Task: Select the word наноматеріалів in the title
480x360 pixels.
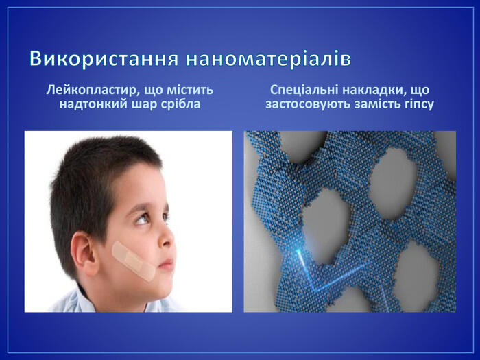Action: point(269,58)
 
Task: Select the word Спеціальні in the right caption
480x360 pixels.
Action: point(304,91)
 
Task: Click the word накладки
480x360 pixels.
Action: point(374,90)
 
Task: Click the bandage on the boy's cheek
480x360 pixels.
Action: point(134,261)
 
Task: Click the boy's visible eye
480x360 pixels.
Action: point(143,219)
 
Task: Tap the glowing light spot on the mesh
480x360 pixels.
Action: point(298,252)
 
